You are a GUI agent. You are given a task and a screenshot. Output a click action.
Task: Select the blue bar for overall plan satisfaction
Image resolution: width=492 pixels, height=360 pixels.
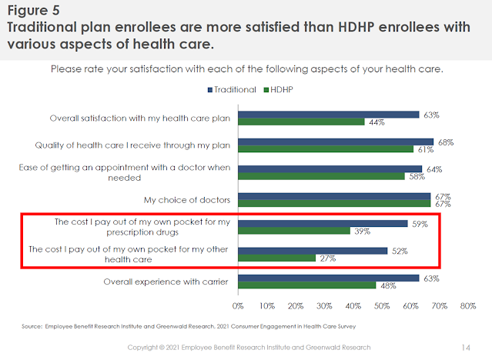(328, 115)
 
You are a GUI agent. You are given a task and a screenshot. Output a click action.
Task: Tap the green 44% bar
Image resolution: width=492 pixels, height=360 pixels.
(301, 122)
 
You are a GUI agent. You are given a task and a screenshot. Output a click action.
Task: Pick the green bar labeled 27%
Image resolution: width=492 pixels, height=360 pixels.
(276, 258)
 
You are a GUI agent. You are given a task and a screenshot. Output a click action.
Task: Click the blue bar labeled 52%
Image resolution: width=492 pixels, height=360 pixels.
(313, 251)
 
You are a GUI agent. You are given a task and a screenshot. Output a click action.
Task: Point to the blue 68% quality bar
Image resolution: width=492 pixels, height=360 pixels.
(336, 142)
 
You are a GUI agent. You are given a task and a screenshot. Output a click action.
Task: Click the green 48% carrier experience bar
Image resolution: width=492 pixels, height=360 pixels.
(306, 285)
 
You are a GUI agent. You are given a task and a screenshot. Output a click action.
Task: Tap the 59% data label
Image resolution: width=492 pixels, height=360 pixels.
(420, 224)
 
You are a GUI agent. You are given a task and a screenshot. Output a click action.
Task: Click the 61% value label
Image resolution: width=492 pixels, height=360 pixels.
(425, 150)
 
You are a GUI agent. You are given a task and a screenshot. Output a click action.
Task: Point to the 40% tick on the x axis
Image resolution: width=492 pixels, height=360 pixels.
(353, 306)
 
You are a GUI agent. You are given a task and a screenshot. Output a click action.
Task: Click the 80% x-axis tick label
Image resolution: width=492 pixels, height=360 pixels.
(467, 306)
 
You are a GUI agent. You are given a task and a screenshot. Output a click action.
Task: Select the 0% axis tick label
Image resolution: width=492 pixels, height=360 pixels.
(238, 306)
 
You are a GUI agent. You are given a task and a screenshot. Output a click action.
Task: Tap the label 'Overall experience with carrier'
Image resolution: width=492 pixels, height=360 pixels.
(166, 282)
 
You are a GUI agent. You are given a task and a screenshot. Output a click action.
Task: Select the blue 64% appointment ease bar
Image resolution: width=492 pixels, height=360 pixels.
(330, 169)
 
